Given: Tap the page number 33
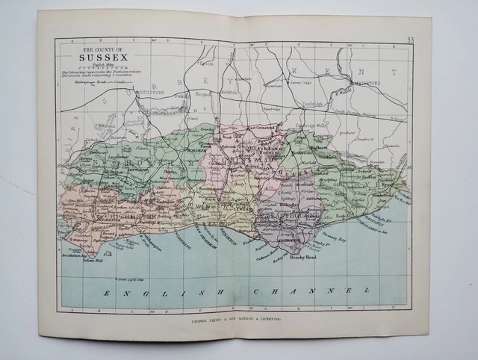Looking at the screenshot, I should (x=410, y=40).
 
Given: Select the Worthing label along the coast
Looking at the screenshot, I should (x=181, y=239).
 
